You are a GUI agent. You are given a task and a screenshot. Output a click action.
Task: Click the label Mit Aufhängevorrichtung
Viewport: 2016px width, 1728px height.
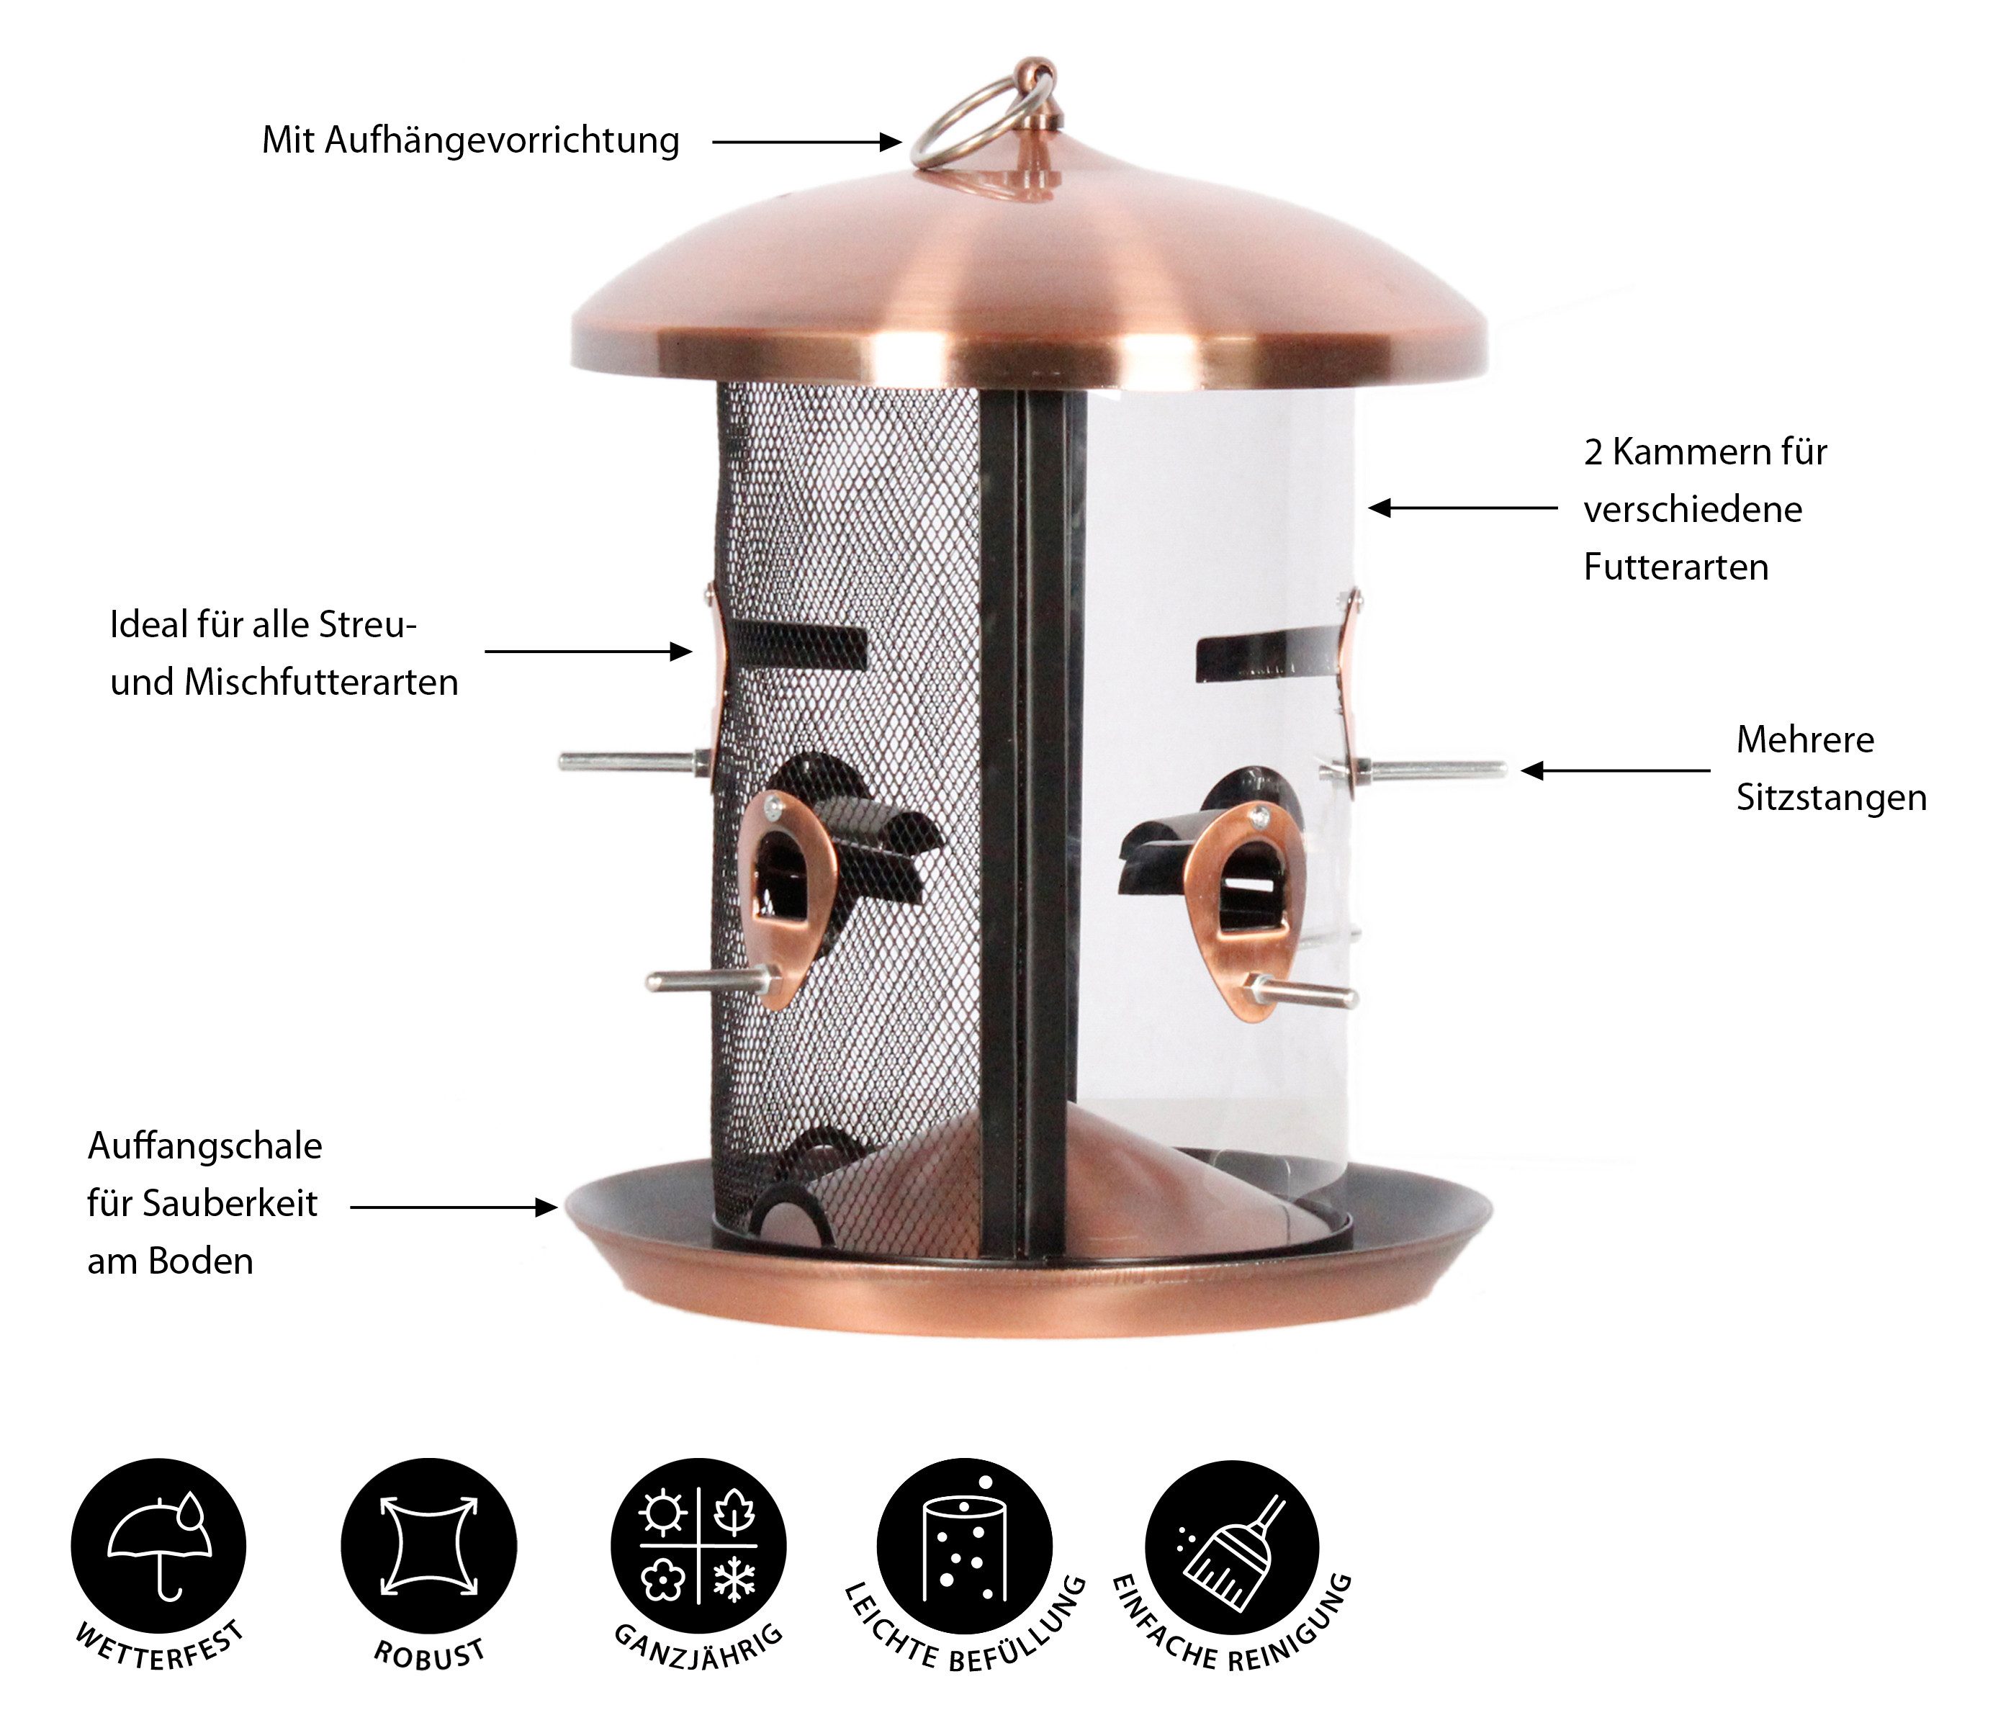pyautogui.click(x=471, y=141)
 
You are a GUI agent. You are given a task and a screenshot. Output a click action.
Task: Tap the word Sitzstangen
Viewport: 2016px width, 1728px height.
pyautogui.click(x=1831, y=798)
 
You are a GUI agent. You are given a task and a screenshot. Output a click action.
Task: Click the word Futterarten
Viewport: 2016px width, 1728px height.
pyautogui.click(x=1675, y=567)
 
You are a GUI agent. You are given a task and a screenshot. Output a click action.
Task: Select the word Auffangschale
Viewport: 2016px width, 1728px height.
pyautogui.click(x=204, y=1146)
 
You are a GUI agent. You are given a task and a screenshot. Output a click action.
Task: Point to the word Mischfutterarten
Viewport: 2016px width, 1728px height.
pyautogui.click(x=322, y=682)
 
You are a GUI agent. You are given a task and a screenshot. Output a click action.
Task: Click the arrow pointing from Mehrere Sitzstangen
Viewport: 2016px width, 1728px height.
pyautogui.click(x=1615, y=770)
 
